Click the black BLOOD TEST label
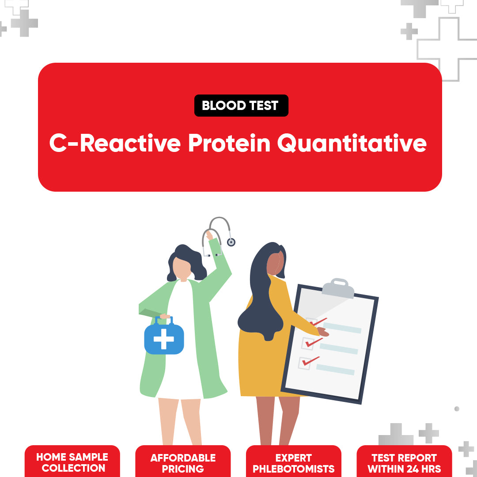(x=241, y=106)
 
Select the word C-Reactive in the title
(x=115, y=144)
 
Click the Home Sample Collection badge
(x=72, y=462)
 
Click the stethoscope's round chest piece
(x=231, y=242)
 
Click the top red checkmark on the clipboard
(x=319, y=322)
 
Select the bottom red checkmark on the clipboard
(x=310, y=361)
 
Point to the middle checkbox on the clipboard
(x=307, y=343)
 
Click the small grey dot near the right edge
(x=457, y=409)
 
